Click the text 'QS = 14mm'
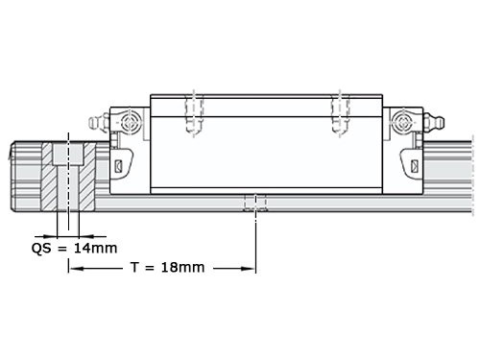point(73,248)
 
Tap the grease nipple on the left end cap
point(94,124)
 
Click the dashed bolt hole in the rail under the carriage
point(255,203)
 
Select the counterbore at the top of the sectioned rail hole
point(68,154)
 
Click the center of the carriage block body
point(268,144)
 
